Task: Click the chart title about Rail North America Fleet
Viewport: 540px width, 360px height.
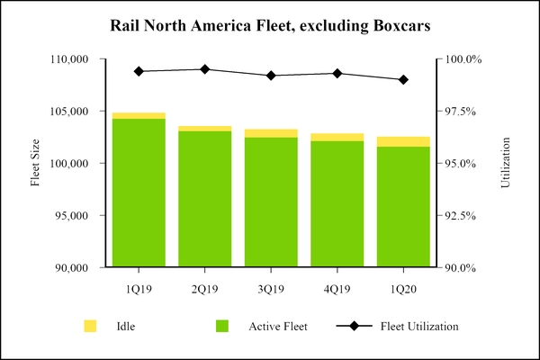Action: coord(270,25)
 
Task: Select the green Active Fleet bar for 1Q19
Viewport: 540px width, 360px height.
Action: coord(139,193)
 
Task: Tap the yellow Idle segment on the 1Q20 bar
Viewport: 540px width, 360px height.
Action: coord(403,141)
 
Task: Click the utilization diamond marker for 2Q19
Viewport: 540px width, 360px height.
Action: coord(205,69)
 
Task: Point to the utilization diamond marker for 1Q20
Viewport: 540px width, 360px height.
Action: coord(403,79)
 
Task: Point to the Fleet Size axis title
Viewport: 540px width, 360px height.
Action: coord(36,163)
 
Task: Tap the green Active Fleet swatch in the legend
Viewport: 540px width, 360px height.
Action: coord(221,326)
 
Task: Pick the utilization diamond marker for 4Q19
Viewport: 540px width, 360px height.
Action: coord(337,73)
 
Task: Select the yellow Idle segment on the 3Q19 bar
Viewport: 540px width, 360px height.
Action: coord(271,133)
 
